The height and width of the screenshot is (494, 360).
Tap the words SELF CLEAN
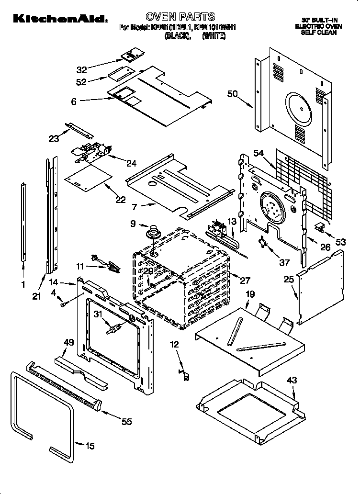pyautogui.click(x=319, y=33)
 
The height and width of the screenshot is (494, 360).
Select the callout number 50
pyautogui.click(x=233, y=94)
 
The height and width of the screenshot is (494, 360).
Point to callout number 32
pyautogui.click(x=82, y=69)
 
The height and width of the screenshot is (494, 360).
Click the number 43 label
pyautogui.click(x=292, y=380)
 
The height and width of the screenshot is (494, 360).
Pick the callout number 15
pyautogui.click(x=90, y=446)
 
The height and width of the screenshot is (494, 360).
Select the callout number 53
pyautogui.click(x=340, y=243)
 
